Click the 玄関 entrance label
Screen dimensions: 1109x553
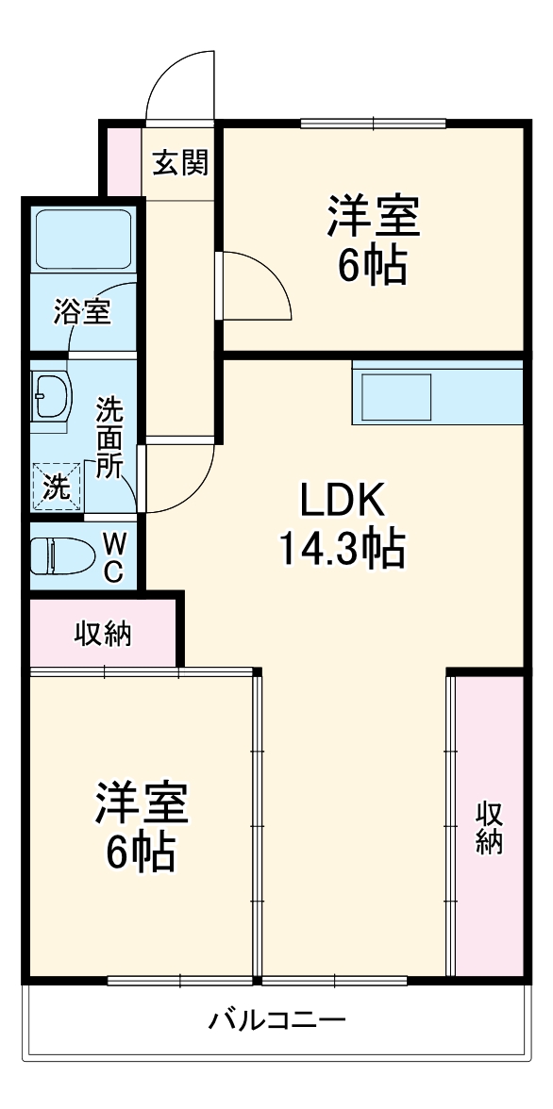click(x=180, y=163)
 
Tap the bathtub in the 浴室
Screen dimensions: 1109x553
click(x=82, y=241)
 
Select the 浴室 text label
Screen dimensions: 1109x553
click(x=82, y=311)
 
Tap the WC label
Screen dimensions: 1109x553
click(x=112, y=557)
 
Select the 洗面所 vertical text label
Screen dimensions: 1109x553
click(x=110, y=439)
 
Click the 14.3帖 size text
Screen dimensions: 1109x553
click(x=341, y=547)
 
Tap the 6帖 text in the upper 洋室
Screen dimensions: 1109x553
click(x=373, y=267)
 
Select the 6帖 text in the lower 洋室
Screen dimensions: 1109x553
click(x=140, y=852)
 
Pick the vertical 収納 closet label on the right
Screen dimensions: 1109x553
click(x=488, y=827)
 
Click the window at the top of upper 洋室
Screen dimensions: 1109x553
click(x=373, y=123)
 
